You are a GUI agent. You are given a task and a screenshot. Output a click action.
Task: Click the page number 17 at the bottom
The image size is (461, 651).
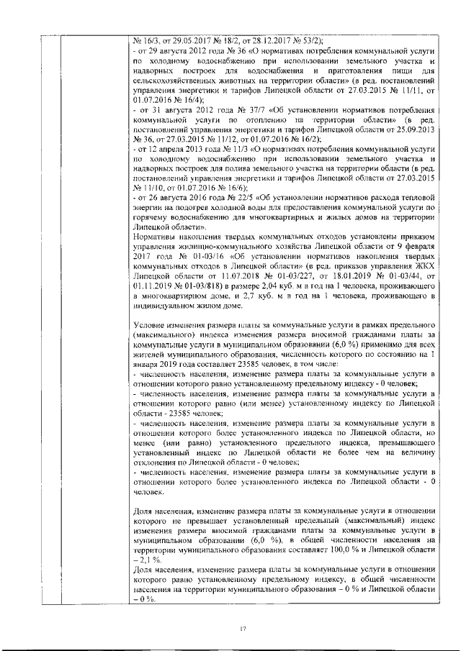point(243,629)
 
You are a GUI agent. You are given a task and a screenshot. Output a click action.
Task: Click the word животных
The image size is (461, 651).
point(246,82)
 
